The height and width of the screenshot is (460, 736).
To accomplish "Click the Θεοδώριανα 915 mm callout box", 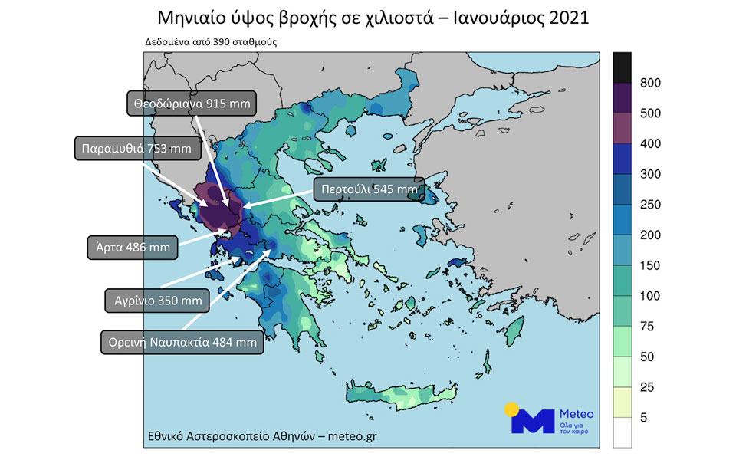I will tap(191, 103).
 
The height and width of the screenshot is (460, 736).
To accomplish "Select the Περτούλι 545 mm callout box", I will tap(370, 189).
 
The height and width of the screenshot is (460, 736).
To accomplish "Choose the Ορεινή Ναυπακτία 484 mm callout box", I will tap(182, 341).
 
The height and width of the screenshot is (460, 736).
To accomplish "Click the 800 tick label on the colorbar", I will tap(649, 83).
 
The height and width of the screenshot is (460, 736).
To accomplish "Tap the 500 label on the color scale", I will tap(649, 113).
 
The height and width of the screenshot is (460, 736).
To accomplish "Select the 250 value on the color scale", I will tap(649, 205).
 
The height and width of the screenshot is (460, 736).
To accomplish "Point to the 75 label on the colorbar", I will tap(647, 327).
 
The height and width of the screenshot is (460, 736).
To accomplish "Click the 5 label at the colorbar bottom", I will tap(644, 418).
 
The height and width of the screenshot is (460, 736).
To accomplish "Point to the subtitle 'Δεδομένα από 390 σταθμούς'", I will tap(211, 42).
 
